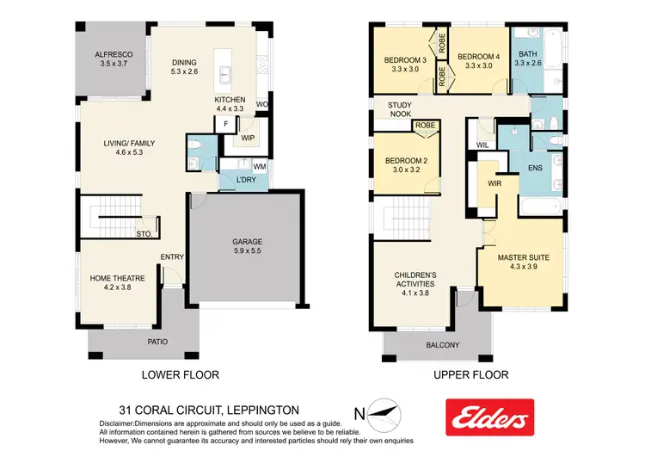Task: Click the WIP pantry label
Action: (x=248, y=138)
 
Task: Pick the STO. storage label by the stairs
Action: (x=144, y=232)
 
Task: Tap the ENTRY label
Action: (x=172, y=256)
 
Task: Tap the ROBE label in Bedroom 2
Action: (x=425, y=126)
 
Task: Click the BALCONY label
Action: (x=442, y=345)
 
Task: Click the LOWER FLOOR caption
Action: (x=180, y=374)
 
